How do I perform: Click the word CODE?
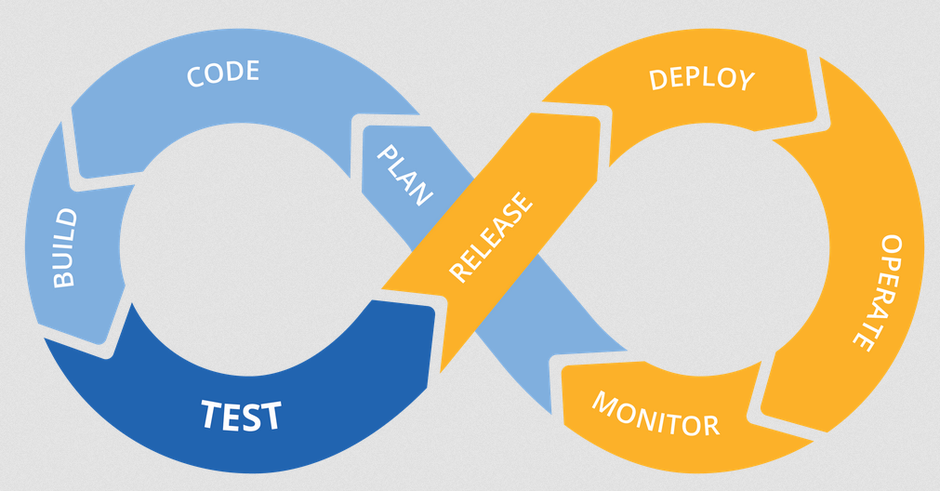point(222,73)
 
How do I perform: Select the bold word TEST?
point(241,416)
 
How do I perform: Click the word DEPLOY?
point(701,78)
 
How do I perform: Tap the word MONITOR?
point(655,415)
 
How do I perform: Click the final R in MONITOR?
point(709,426)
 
